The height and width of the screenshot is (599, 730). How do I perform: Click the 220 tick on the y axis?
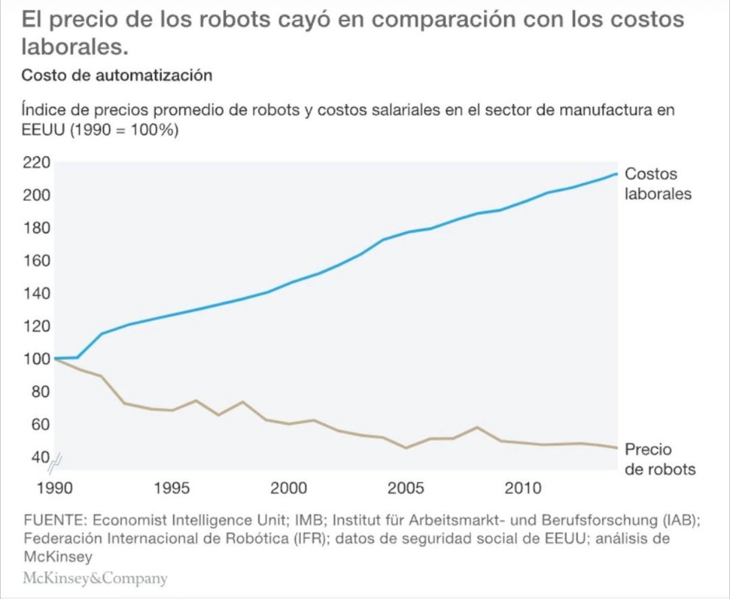35,163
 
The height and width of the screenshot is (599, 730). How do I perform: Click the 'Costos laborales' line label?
658,184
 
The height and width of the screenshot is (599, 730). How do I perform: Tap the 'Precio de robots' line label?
659,460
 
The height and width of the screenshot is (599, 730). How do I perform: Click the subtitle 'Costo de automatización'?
116,76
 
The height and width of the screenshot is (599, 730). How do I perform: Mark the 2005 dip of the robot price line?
406,448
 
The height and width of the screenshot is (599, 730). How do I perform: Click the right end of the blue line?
617,173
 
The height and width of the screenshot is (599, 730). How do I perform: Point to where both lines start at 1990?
55,359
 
